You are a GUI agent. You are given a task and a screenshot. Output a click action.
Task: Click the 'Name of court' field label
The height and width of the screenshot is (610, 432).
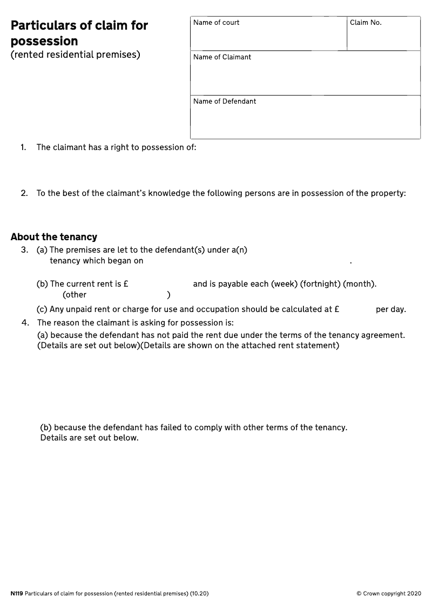[216, 23]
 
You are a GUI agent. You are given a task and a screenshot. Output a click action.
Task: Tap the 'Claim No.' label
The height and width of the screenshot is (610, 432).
[366, 23]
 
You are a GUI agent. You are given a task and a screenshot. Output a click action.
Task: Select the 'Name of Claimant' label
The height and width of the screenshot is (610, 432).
[222, 57]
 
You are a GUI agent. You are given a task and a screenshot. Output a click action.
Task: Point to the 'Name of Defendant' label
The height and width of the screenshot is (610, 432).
[225, 101]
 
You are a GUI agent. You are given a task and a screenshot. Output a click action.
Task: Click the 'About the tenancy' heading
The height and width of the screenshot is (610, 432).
[54, 237]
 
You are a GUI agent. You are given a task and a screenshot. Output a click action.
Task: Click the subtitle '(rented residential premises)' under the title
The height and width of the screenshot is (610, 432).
[76, 55]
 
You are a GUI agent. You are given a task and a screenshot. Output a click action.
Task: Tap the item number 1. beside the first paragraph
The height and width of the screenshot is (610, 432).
[23, 147]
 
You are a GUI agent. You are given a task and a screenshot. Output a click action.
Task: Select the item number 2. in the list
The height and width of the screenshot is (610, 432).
[24, 193]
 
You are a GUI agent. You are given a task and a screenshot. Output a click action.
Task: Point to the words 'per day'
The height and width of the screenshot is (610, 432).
[390, 309]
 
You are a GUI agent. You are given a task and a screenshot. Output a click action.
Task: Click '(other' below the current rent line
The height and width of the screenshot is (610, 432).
[75, 295]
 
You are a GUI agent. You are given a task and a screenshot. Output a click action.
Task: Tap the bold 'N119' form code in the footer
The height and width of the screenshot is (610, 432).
[17, 594]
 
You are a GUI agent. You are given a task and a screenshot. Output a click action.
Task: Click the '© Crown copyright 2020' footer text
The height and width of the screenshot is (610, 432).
[388, 594]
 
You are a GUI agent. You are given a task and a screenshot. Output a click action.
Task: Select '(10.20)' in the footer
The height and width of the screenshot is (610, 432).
[199, 594]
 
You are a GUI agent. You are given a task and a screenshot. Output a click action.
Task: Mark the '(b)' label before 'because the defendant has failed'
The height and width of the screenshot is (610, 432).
[46, 428]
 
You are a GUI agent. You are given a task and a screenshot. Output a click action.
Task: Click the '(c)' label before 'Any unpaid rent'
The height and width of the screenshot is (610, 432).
[42, 309]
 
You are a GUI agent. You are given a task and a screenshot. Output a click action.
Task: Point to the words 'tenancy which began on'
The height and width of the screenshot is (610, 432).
[97, 261]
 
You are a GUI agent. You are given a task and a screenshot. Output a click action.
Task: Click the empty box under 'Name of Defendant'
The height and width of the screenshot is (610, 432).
[305, 122]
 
